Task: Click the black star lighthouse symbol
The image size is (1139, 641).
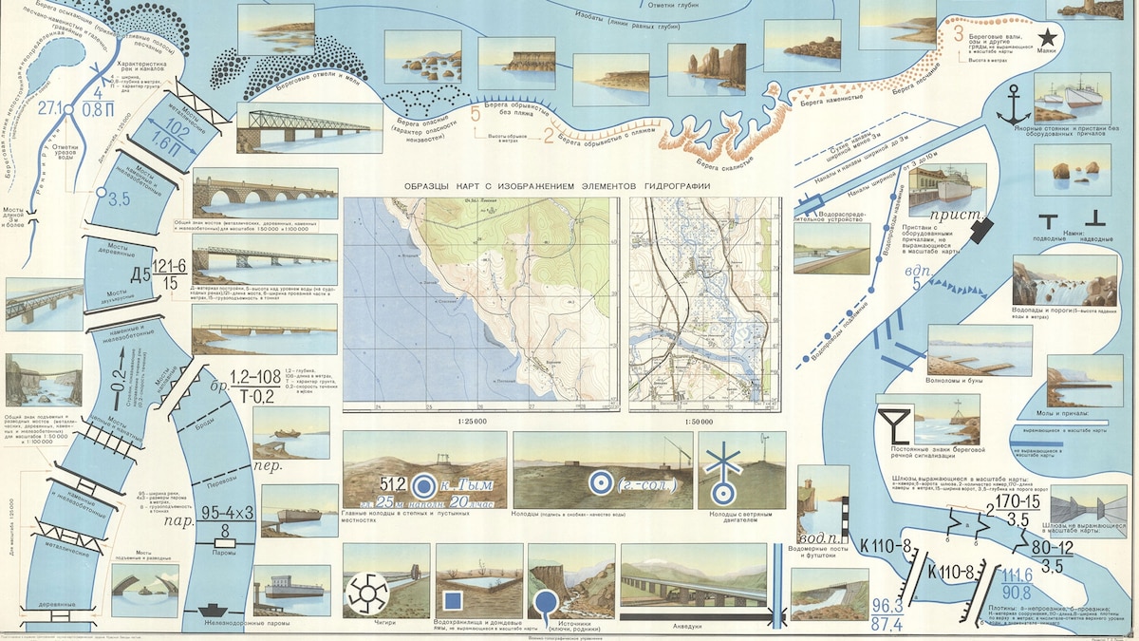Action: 1048,37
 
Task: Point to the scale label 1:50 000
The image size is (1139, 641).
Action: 704,422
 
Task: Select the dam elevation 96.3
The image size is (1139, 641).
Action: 887,603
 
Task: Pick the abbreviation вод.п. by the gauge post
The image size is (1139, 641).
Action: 812,539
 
